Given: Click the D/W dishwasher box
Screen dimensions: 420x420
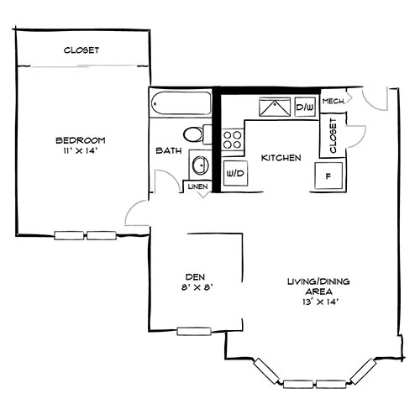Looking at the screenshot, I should click(x=304, y=108).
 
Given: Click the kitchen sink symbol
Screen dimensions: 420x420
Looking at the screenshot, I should click(x=274, y=109).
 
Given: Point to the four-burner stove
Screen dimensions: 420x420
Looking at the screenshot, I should click(x=233, y=139).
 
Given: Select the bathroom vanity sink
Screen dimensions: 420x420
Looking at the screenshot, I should click(x=200, y=163).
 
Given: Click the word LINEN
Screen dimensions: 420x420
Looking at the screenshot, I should click(x=198, y=186).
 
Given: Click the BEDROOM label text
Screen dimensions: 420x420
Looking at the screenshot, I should click(x=81, y=140).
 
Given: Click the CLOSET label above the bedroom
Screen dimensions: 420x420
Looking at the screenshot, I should click(x=81, y=50).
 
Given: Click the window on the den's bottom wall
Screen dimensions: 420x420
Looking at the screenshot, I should click(x=194, y=331).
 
